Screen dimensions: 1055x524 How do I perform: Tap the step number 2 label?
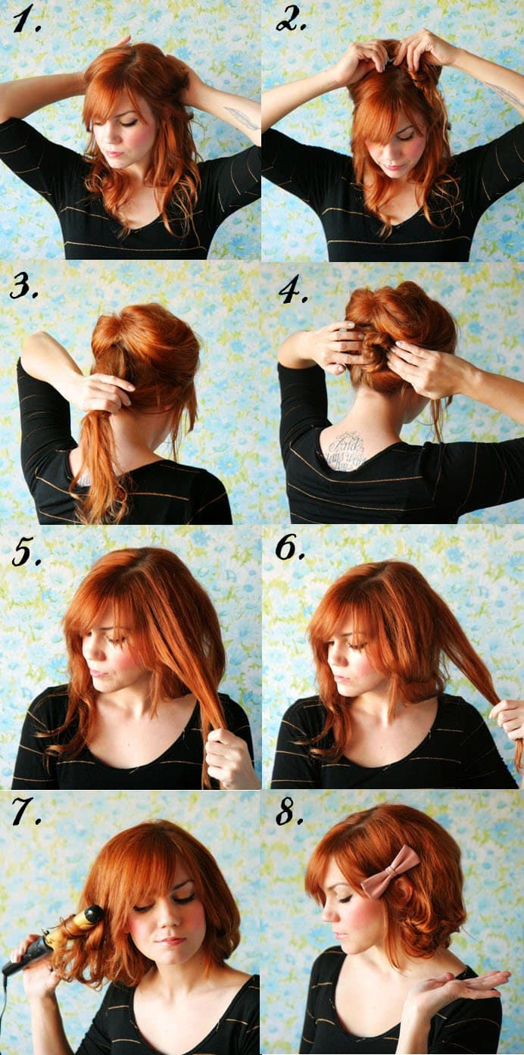tap(290, 20)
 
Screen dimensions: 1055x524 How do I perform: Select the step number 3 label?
tap(24, 287)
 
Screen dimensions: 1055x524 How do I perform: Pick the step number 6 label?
tap(289, 548)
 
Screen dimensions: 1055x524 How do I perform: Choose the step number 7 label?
tap(26, 811)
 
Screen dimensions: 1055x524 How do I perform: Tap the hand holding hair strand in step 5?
tap(227, 757)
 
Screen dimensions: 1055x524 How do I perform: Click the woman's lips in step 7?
tap(171, 941)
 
